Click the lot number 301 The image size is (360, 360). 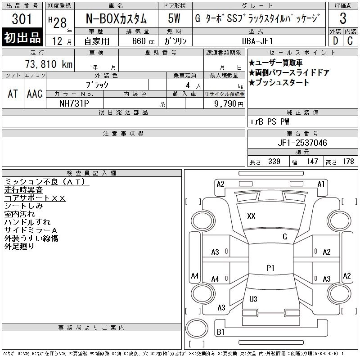(x=22, y=19)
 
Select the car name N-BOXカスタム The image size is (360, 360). (x=116, y=19)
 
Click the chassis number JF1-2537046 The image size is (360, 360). (x=302, y=143)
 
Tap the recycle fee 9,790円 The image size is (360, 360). (x=229, y=103)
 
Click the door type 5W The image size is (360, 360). (x=174, y=19)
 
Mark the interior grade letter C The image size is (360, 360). (x=349, y=41)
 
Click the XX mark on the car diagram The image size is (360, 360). (x=251, y=216)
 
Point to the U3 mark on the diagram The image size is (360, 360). (x=253, y=299)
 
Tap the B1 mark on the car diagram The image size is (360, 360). (x=220, y=332)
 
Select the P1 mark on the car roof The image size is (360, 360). (x=270, y=268)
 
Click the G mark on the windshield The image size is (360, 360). (x=284, y=237)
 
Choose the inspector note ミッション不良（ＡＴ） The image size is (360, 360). (x=46, y=182)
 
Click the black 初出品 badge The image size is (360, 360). (x=22, y=38)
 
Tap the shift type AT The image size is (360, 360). (x=13, y=94)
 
